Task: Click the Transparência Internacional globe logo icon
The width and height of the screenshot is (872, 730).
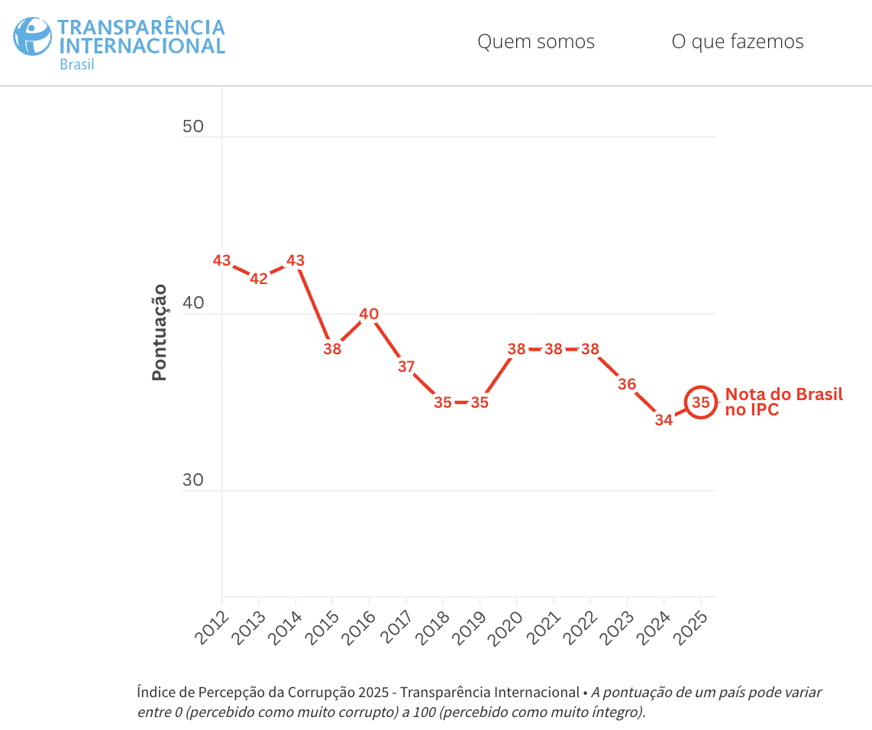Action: tap(33, 36)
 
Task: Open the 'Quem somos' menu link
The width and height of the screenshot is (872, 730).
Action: tap(535, 41)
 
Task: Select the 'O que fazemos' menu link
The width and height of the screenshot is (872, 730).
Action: tap(737, 41)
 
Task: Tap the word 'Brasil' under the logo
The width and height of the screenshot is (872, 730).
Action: tap(76, 64)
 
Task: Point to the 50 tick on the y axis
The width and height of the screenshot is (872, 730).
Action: tap(193, 126)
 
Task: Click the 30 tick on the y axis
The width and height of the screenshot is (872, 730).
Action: tap(193, 480)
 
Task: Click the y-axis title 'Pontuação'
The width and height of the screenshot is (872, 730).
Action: tap(159, 332)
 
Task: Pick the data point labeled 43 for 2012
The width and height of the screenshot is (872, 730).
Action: tap(221, 261)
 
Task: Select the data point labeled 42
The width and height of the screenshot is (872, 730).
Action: tap(258, 279)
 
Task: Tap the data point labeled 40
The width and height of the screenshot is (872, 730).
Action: tap(369, 314)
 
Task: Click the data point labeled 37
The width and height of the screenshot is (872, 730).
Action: tap(405, 367)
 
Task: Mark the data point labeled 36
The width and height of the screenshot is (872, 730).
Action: tap(627, 384)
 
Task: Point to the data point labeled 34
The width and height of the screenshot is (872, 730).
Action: tap(664, 419)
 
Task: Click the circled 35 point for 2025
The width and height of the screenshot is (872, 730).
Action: tap(701, 402)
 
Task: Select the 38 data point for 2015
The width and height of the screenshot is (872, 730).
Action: tap(332, 350)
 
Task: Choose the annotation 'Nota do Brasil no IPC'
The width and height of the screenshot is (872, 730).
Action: tap(783, 402)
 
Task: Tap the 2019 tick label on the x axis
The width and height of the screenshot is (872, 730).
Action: tap(468, 627)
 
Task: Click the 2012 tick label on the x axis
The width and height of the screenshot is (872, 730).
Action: tap(210, 627)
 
